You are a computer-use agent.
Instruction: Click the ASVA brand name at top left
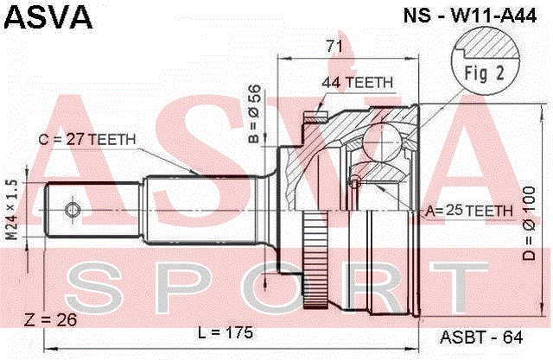pyautogui.click(x=48, y=16)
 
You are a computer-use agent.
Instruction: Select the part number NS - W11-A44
pyautogui.click(x=470, y=16)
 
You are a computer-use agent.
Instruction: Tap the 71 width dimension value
pyautogui.click(x=334, y=47)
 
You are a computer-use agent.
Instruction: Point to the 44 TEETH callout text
pyautogui.click(x=357, y=83)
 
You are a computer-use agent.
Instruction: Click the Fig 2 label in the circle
pyautogui.click(x=484, y=73)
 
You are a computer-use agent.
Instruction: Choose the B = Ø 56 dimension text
pyautogui.click(x=255, y=114)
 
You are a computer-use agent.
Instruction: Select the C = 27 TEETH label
pyautogui.click(x=86, y=140)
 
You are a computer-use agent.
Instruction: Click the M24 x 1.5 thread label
pyautogui.click(x=11, y=210)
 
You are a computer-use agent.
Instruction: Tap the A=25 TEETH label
pyautogui.click(x=469, y=211)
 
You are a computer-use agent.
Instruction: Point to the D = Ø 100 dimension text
pyautogui.click(x=529, y=224)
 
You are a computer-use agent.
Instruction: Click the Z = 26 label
pyautogui.click(x=50, y=319)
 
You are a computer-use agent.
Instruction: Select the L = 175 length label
pyautogui.click(x=226, y=332)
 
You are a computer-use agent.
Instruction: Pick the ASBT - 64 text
pyautogui.click(x=481, y=338)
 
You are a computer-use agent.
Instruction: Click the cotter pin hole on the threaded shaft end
pyautogui.click(x=73, y=210)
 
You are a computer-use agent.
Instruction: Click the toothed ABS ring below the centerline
pyautogui.click(x=315, y=260)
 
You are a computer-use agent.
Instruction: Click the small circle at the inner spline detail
pyautogui.click(x=355, y=183)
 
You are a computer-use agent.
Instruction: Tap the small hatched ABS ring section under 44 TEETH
pyautogui.click(x=316, y=118)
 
